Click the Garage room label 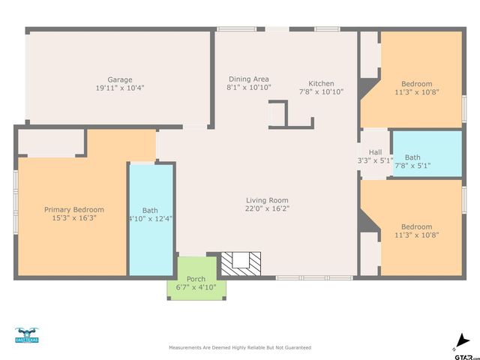tap(119, 79)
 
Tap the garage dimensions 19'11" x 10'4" tap(119, 88)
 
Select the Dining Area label tap(248, 79)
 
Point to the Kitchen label tap(321, 83)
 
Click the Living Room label tap(267, 200)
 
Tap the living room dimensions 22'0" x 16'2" tap(267, 208)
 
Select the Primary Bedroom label tap(73, 209)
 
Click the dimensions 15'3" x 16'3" tap(73, 217)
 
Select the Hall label tap(375, 152)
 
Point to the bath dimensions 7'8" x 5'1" tap(412, 166)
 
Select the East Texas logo tap(26, 335)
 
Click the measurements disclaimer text tap(240, 348)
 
